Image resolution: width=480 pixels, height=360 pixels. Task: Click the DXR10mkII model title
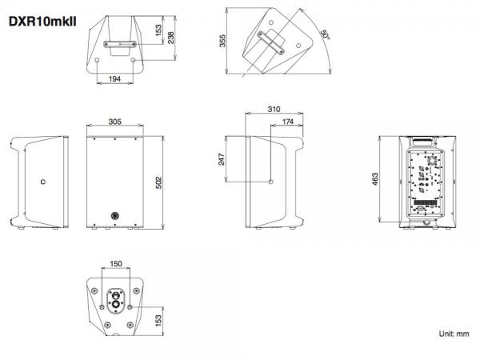42,22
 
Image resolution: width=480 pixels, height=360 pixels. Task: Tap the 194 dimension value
114,78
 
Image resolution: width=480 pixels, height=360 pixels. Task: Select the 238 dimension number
171,38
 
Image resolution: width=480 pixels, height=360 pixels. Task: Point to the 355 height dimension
222,41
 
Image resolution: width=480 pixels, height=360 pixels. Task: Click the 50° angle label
325,34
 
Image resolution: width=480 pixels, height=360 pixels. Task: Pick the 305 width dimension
114,122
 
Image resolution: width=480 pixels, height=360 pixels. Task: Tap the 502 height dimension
159,182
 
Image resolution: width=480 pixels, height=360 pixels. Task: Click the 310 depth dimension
274,109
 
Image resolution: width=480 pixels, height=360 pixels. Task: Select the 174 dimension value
288,122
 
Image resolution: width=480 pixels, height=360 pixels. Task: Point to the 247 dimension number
222,159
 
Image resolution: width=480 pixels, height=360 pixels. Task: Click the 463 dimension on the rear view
375,179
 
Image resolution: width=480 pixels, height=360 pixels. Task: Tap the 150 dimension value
116,263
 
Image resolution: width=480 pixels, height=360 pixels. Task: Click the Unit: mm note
454,334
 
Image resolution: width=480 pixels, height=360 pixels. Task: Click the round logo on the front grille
115,216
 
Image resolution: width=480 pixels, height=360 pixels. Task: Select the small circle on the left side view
43,182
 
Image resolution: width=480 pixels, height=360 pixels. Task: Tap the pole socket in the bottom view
116,300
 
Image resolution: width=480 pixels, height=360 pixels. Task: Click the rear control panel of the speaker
426,183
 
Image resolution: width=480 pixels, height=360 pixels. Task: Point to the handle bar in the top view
120,44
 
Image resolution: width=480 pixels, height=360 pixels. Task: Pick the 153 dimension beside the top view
158,30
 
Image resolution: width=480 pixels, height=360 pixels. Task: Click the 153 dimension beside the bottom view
158,321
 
